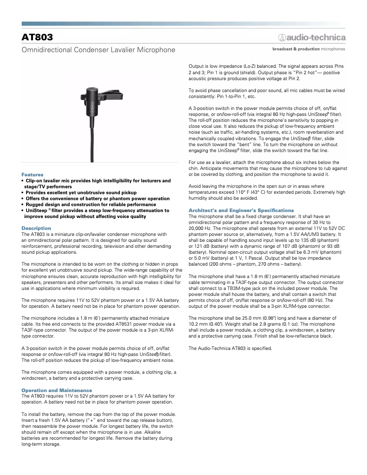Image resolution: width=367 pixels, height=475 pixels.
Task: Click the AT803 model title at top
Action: tap(37, 37)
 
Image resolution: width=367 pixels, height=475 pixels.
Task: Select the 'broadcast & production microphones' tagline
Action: tap(309, 49)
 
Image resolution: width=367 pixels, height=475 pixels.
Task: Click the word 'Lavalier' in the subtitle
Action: tap(121, 49)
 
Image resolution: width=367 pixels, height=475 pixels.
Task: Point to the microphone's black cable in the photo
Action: tap(92, 137)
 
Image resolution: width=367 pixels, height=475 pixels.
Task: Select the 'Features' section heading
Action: tap(32, 175)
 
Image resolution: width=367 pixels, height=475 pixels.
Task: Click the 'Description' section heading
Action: tap(36, 228)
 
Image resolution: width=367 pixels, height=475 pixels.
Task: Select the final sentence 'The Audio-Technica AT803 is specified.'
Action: tap(230, 348)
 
